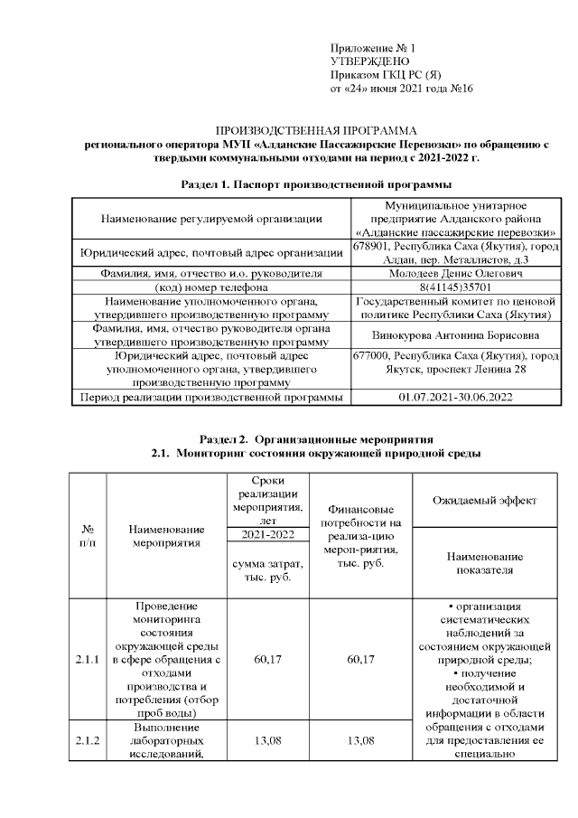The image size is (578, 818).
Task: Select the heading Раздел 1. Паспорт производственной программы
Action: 316,184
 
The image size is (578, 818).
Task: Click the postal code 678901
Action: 370,246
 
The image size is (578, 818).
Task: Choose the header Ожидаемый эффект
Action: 484,499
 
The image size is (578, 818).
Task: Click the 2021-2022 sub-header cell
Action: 268,535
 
